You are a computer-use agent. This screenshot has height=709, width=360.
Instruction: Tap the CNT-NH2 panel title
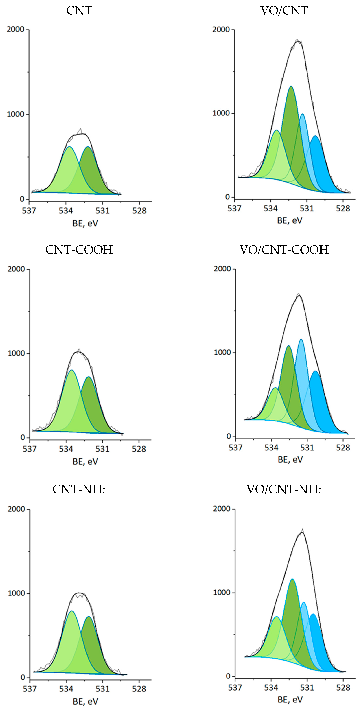(x=79, y=489)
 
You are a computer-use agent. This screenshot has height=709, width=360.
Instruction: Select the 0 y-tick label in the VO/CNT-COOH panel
(x=228, y=436)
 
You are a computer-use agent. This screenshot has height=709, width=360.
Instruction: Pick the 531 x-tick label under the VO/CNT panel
(x=307, y=208)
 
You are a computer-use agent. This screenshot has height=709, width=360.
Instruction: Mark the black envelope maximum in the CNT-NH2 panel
(x=79, y=593)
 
